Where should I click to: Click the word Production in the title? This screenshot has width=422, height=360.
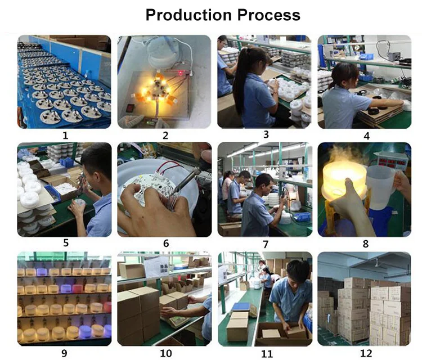[x=188, y=15]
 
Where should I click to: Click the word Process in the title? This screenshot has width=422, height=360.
[x=269, y=15]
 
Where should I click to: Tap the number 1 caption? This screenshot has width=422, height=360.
[x=65, y=136]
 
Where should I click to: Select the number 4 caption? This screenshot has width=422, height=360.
[x=366, y=136]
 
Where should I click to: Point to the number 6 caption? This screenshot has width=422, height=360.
[x=166, y=243]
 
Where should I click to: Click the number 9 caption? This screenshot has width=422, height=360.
[x=64, y=353]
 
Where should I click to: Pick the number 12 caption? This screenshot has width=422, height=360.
[x=366, y=353]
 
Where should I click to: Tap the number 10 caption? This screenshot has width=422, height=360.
[x=166, y=353]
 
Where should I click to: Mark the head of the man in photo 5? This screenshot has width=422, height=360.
[x=96, y=162]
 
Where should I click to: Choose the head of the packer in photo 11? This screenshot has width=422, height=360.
[x=297, y=272]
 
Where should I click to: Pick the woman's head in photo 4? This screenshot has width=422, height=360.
[x=345, y=75]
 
